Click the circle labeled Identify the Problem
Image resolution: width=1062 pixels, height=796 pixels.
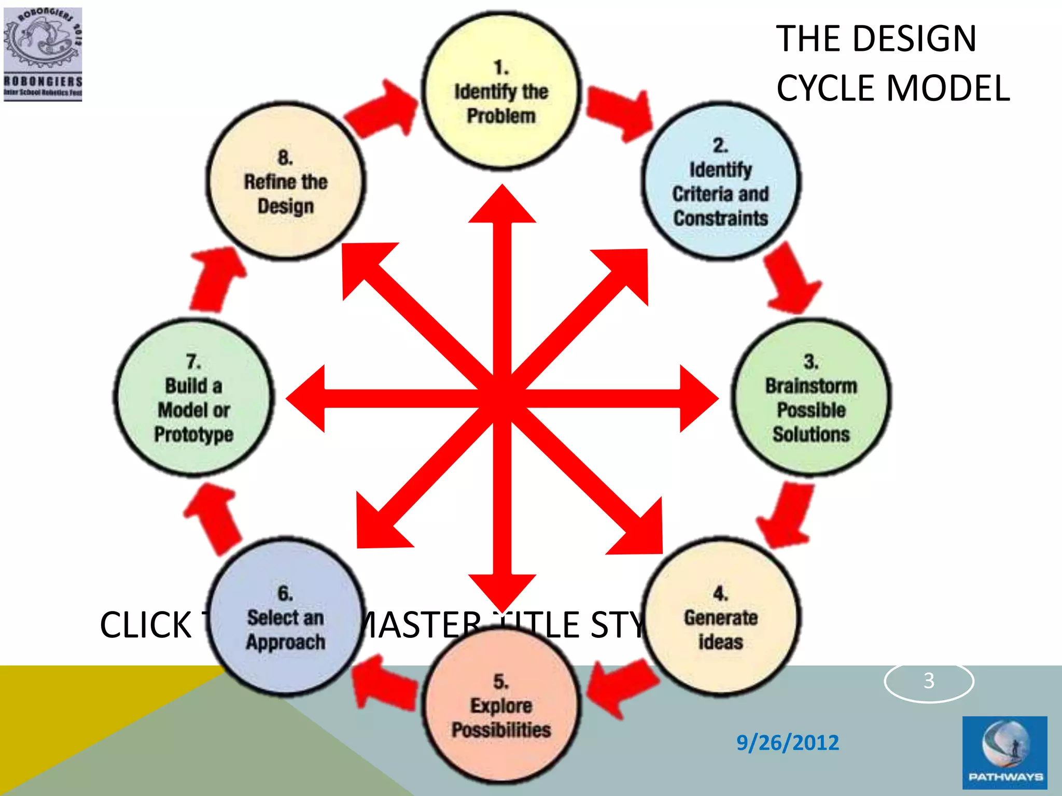click(x=501, y=91)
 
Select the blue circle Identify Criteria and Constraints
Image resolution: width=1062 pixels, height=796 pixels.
click(x=721, y=181)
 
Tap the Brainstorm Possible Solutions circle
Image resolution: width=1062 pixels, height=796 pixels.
click(x=811, y=398)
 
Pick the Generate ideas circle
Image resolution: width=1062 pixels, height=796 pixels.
click(x=721, y=617)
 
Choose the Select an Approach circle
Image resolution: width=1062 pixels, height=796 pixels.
click(x=286, y=617)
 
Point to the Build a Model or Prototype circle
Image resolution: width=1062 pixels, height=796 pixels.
click(x=194, y=398)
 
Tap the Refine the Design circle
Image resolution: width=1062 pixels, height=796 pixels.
click(x=286, y=181)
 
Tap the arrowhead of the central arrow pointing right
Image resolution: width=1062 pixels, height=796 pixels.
click(x=697, y=398)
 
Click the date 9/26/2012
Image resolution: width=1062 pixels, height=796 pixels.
click(x=787, y=742)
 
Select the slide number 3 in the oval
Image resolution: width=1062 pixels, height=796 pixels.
click(x=929, y=680)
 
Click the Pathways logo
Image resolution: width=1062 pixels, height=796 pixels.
click(x=1004, y=752)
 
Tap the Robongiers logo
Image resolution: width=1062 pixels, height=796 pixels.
click(x=43, y=53)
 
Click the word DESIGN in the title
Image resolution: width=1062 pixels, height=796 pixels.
click(x=914, y=39)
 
